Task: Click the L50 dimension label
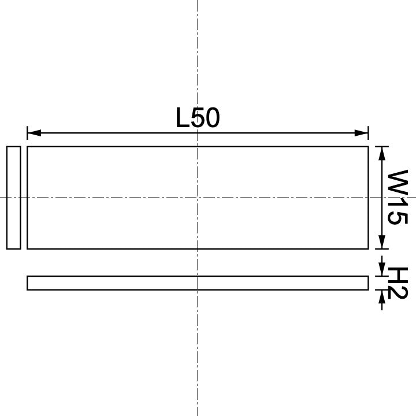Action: [198, 118]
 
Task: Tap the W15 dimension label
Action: [398, 198]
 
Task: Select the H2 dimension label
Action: [398, 283]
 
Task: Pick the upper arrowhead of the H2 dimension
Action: [381, 270]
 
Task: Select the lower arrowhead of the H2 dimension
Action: [381, 296]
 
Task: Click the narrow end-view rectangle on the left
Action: [13, 198]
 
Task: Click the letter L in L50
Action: [183, 118]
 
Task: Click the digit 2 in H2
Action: [398, 292]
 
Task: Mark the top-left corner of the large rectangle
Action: [27, 147]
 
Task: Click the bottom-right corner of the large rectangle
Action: [368, 249]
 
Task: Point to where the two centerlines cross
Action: [198, 198]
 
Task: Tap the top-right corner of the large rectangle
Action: [368, 147]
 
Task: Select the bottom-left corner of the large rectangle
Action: [27, 249]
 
